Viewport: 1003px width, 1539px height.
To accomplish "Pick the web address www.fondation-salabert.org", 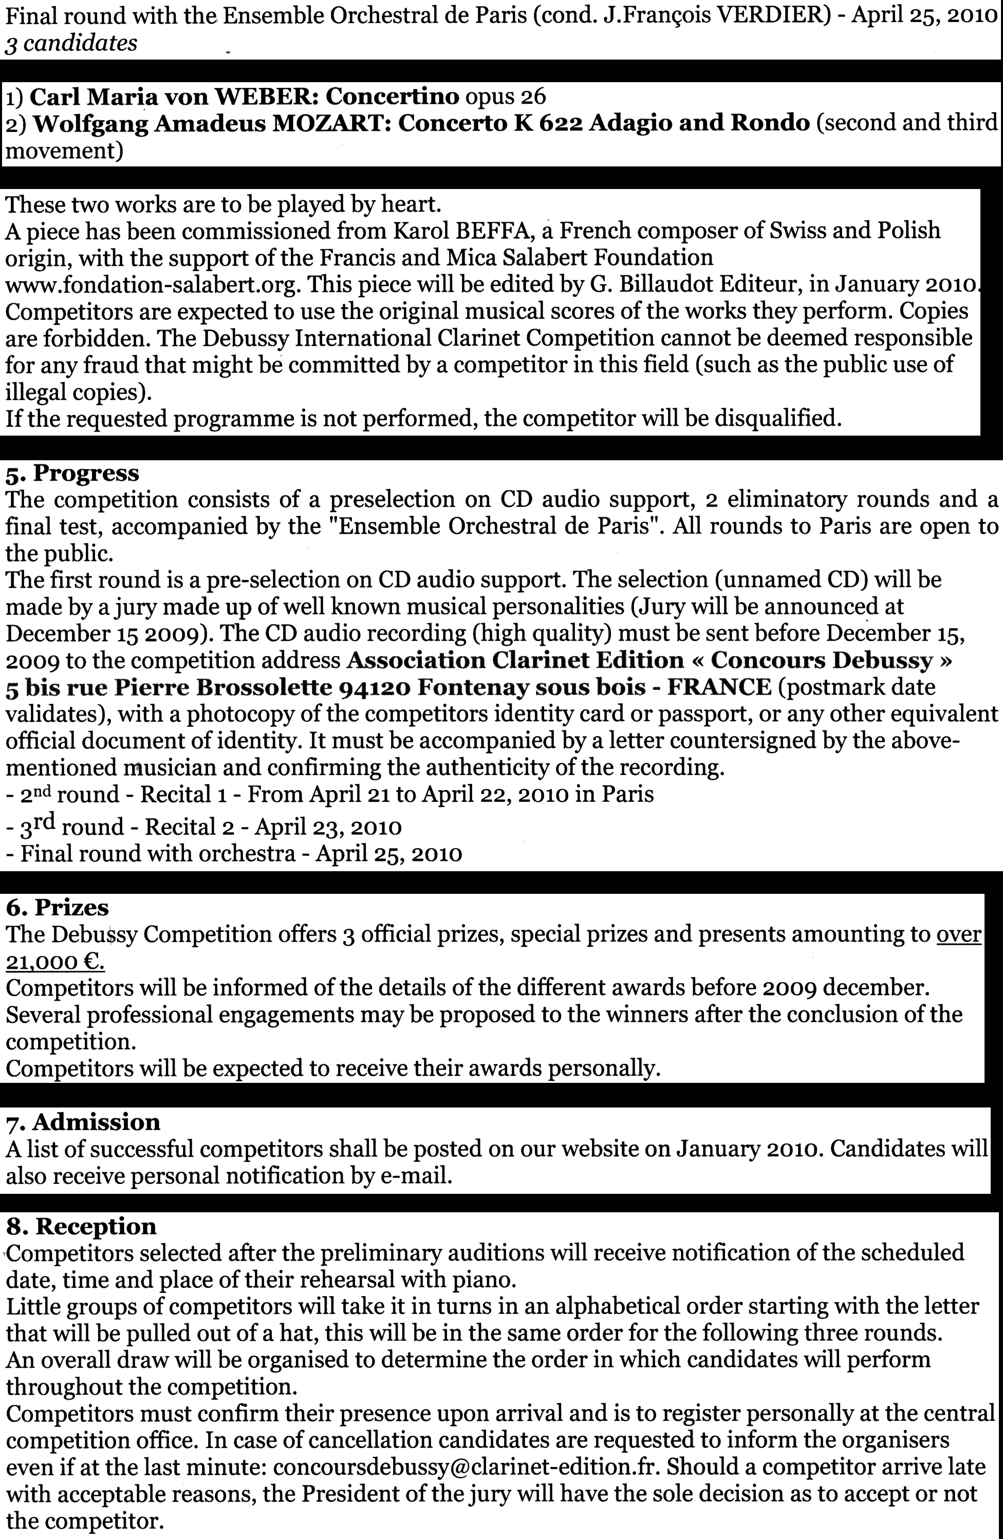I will (153, 285).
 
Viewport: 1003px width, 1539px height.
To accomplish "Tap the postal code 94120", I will (375, 687).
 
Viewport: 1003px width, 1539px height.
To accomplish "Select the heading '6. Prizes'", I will (58, 907).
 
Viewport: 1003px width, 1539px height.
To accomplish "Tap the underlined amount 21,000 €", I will (55, 962).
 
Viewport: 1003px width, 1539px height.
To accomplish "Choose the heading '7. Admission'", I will (83, 1121).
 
